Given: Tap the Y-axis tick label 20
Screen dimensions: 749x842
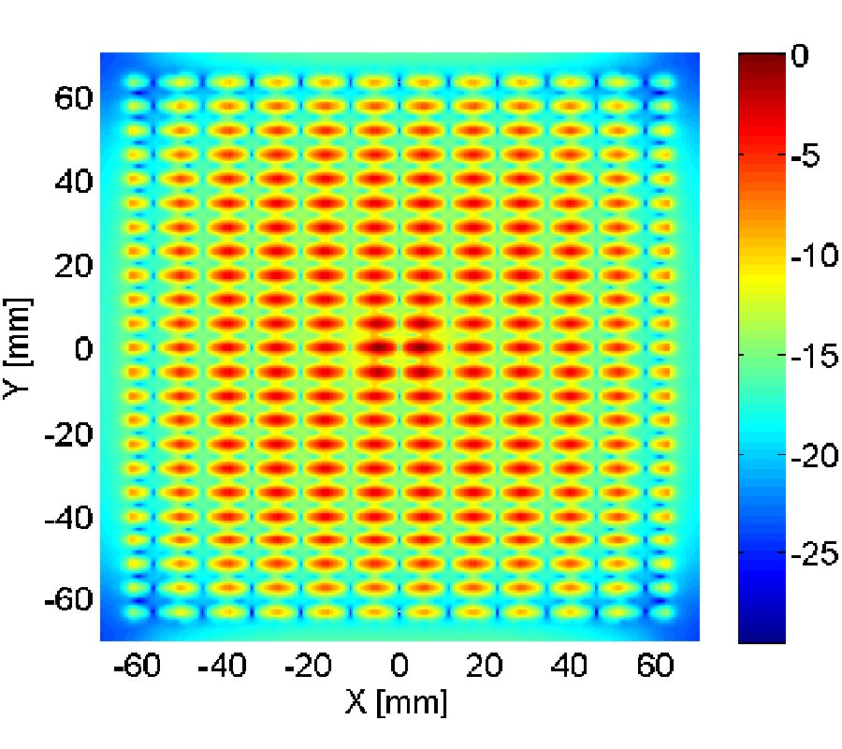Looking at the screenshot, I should pos(71,266).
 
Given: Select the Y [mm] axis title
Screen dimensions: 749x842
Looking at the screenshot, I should pos(19,349).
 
